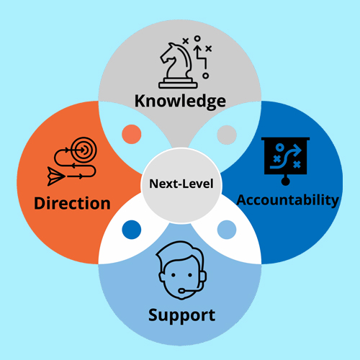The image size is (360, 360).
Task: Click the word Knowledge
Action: (180, 102)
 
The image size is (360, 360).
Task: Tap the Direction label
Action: (72, 204)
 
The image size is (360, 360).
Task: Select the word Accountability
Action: (287, 200)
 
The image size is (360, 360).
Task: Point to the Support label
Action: (181, 315)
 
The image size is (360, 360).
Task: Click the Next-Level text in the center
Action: (181, 184)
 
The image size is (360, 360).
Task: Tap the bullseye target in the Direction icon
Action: (84, 150)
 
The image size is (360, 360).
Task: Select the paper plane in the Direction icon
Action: (56, 176)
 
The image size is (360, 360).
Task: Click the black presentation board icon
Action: (285, 161)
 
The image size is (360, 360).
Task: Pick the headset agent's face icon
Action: (181, 271)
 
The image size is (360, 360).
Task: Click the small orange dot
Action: (132, 134)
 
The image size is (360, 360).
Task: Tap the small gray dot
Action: (227, 135)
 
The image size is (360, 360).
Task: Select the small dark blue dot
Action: (132, 230)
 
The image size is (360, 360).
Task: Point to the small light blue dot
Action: (227, 230)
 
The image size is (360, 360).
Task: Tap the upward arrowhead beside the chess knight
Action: (197, 48)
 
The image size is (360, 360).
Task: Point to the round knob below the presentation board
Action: (285, 181)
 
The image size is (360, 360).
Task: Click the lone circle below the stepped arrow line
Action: (205, 76)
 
